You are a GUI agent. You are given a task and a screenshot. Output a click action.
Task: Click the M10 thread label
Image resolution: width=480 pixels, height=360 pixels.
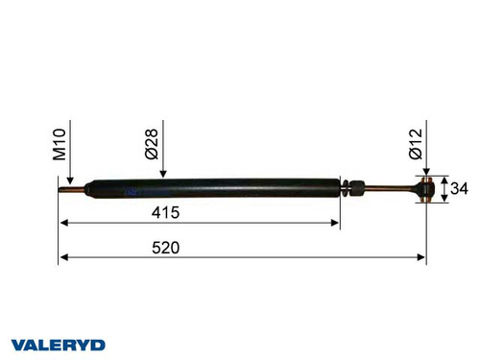pyautogui.click(x=60, y=145)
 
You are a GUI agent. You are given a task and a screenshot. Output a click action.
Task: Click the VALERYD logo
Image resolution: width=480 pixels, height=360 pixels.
pyautogui.click(x=59, y=344)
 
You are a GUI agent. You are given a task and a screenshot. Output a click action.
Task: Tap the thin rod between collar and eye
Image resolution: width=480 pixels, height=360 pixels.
pyautogui.click(x=394, y=189)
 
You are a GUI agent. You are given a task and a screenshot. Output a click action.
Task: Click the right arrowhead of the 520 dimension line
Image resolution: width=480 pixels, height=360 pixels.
pyautogui.click(x=421, y=258)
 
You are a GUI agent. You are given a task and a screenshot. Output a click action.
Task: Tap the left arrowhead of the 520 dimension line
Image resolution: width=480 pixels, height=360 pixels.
pyautogui.click(x=65, y=258)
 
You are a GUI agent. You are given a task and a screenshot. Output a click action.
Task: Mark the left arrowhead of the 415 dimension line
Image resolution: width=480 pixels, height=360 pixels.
pyautogui.click(x=65, y=224)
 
